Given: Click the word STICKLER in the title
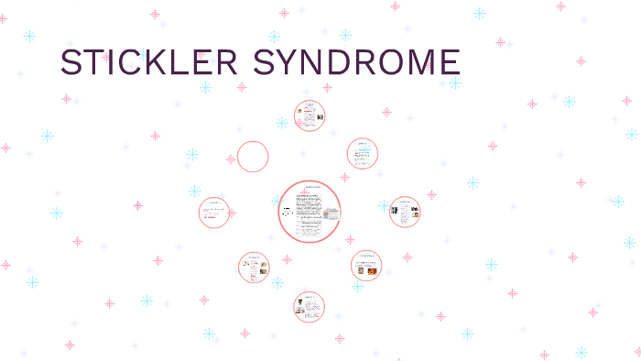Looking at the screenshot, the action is [148, 62].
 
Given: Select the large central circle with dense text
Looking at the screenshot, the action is [310, 212].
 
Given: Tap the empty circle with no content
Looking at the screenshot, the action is [253, 157].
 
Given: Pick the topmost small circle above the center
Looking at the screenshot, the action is [310, 116].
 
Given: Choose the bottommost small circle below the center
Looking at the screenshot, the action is [310, 306].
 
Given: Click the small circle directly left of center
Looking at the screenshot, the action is [214, 213].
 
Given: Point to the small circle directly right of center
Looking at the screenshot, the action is [405, 212].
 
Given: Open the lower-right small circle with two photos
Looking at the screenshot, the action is [366, 266].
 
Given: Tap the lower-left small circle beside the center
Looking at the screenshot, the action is [254, 268].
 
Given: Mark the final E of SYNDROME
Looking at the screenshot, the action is [448, 62].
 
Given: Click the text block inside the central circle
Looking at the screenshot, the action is [304, 213].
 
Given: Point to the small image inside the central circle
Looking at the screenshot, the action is [331, 213].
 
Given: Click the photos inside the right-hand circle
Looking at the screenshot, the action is [405, 211].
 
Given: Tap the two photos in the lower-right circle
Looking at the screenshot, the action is [366, 270].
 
